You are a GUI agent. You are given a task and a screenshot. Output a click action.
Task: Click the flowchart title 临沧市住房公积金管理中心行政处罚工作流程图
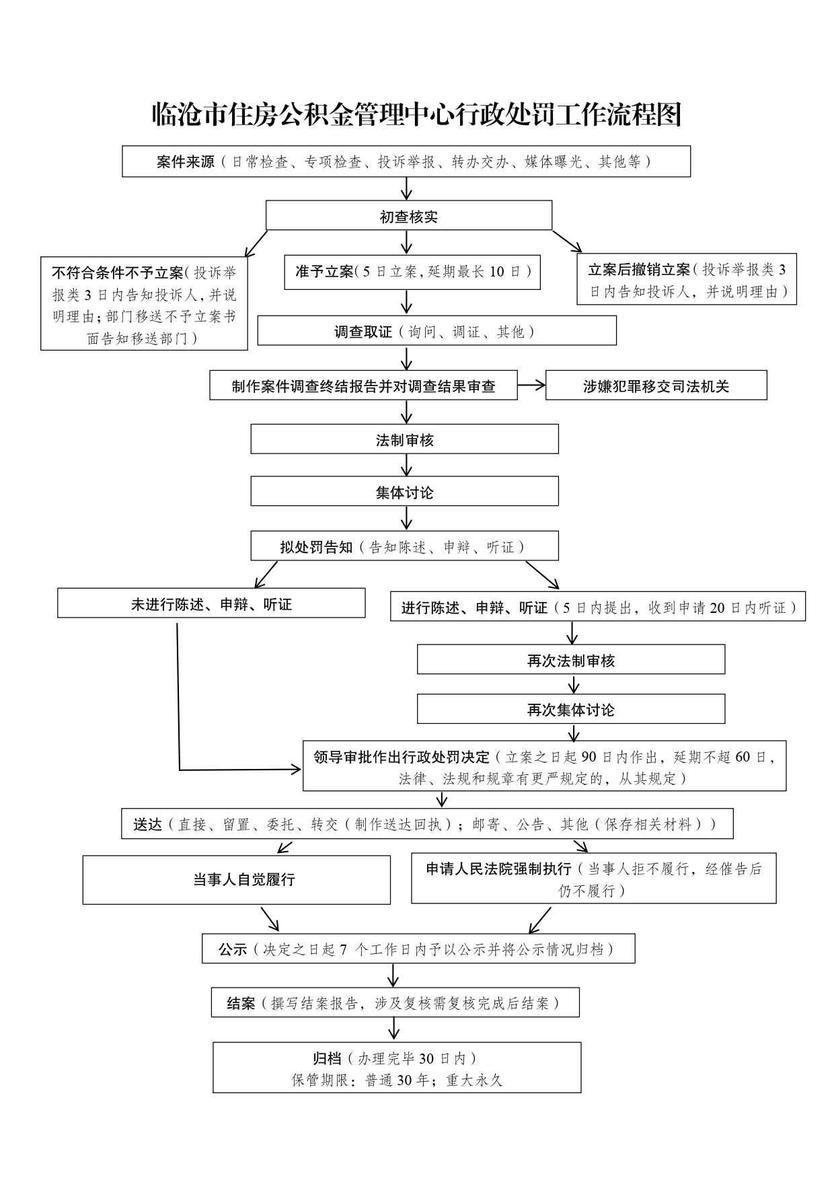(x=417, y=115)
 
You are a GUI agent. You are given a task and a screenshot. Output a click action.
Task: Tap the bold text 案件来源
(x=185, y=162)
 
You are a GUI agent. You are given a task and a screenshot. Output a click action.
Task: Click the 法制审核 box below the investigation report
(x=404, y=440)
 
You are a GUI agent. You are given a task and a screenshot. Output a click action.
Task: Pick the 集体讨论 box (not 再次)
(x=404, y=492)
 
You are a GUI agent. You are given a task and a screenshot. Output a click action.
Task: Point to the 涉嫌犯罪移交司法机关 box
(x=656, y=386)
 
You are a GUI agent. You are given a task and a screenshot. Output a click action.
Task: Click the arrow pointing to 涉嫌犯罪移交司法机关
(x=531, y=385)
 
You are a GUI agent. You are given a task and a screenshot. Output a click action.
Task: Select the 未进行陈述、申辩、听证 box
(x=211, y=604)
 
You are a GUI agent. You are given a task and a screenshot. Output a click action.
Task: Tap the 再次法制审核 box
(x=570, y=661)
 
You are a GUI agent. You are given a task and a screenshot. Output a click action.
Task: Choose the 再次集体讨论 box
(x=570, y=710)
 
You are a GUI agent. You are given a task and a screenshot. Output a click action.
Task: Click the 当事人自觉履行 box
(x=236, y=880)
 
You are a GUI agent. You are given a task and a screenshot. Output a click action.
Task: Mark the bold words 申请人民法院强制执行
(x=498, y=869)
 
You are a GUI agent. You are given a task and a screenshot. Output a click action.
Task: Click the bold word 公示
(x=232, y=950)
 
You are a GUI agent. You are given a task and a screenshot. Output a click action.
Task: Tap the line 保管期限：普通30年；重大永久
(x=397, y=1080)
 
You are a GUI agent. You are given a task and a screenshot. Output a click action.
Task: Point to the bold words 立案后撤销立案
(x=639, y=270)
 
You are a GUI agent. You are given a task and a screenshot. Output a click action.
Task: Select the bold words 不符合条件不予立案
(x=117, y=272)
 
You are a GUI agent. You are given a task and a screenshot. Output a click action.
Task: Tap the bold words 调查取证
(x=363, y=332)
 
